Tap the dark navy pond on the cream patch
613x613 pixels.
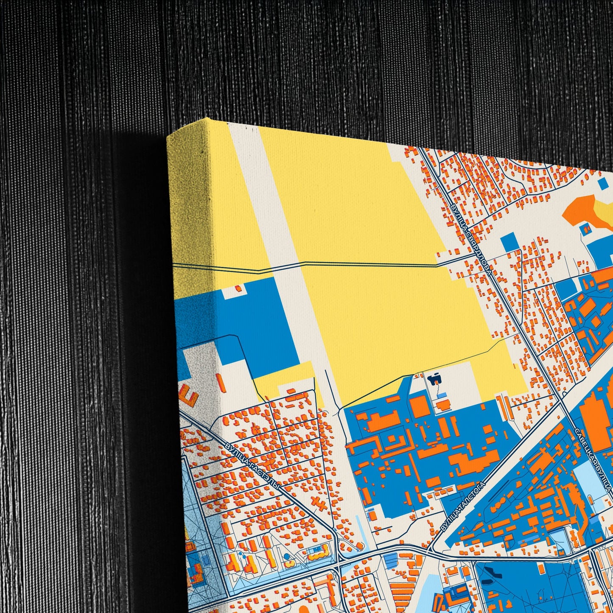(434, 379)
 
